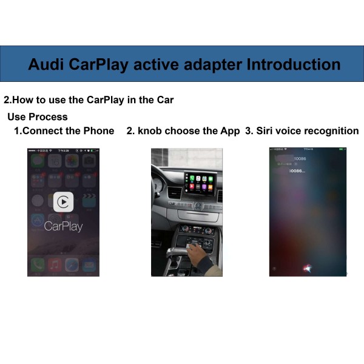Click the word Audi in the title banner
46,64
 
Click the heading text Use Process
38,116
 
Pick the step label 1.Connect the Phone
64,131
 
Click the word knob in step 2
150,131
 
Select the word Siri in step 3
266,131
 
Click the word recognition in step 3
331,131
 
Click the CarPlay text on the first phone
64,227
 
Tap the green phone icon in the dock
38,265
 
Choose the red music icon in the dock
55,265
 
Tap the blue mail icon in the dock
89,265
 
